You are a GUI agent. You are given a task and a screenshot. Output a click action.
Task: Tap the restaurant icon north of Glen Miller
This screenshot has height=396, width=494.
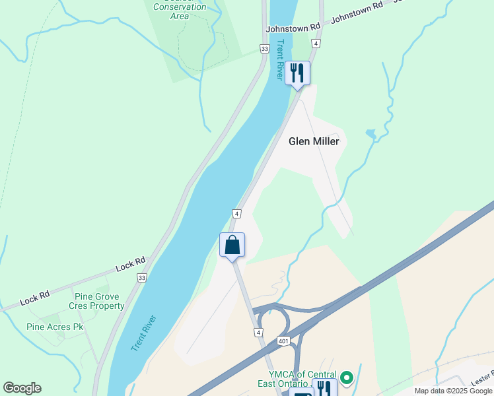(297, 73)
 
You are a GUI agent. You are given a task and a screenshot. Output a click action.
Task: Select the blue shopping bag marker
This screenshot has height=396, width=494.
(232, 246)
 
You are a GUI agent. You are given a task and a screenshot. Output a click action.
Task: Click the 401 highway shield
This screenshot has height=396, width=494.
(282, 340)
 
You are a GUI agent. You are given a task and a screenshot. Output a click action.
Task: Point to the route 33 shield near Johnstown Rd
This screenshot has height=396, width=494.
(265, 49)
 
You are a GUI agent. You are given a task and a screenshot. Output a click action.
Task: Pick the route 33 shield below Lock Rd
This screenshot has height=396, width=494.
(142, 279)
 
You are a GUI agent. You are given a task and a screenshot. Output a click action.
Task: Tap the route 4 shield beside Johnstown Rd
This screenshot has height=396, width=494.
(316, 44)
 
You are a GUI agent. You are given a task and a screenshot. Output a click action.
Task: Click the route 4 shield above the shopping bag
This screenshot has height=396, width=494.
(236, 214)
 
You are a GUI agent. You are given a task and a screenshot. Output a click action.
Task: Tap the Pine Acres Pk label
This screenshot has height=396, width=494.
(55, 327)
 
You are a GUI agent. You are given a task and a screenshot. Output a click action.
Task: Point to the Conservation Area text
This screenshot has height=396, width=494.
(180, 12)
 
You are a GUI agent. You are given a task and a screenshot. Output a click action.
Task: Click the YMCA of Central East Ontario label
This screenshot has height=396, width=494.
(302, 379)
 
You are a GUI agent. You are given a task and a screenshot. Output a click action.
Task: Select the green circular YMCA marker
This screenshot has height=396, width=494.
(347, 379)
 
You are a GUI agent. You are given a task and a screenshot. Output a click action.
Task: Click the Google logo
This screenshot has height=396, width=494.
(22, 388)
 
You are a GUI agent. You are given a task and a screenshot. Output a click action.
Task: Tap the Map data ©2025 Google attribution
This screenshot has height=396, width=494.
(453, 391)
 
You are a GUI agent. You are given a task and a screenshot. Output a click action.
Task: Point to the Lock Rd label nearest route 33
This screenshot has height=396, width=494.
(130, 265)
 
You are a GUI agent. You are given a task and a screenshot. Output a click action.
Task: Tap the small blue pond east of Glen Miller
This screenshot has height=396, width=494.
(371, 135)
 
